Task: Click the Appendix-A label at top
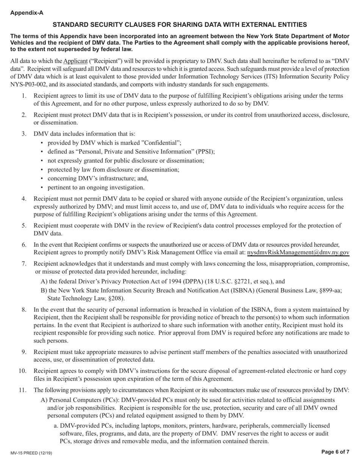pos(27,13)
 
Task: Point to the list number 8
pos(24,310)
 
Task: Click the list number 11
pos(22,390)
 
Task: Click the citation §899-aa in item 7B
pos(330,291)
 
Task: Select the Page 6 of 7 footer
pos(335,452)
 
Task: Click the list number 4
pos(24,199)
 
